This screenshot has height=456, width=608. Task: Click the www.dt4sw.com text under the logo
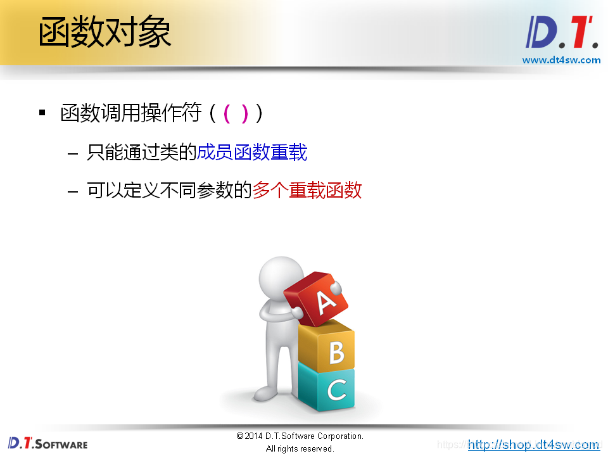pyautogui.click(x=560, y=60)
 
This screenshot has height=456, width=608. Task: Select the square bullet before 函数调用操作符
pyautogui.click(x=42, y=113)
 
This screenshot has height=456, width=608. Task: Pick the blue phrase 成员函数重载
pyautogui.click(x=252, y=153)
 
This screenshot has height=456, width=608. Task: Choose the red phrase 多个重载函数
pyautogui.click(x=307, y=190)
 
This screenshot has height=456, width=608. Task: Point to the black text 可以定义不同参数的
pyautogui.click(x=170, y=190)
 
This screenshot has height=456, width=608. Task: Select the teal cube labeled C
pyautogui.click(x=327, y=387)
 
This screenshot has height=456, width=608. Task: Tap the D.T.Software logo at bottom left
pyautogui.click(x=48, y=443)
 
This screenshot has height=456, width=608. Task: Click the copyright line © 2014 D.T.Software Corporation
pyautogui.click(x=300, y=436)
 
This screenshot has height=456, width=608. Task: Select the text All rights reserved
pyautogui.click(x=300, y=448)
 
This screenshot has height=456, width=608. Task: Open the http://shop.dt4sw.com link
pyautogui.click(x=533, y=445)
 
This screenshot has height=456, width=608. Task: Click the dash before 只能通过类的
pyautogui.click(x=73, y=153)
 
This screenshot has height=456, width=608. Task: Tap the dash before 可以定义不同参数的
pyautogui.click(x=73, y=191)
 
